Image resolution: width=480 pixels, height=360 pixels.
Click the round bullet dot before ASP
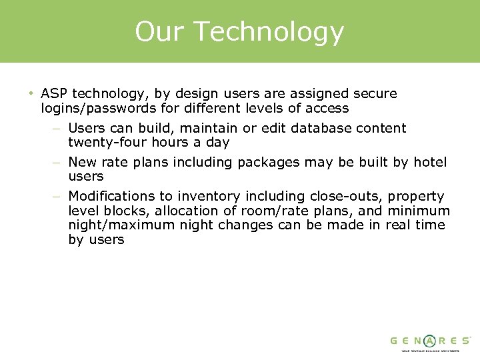pos(31,93)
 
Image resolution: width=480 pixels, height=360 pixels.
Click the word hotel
pos(430,162)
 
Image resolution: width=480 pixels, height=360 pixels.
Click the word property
pos(416,197)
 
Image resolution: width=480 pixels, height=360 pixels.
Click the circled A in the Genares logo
pos(431,340)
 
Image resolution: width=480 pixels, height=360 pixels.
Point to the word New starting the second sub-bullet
pos(82,162)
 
